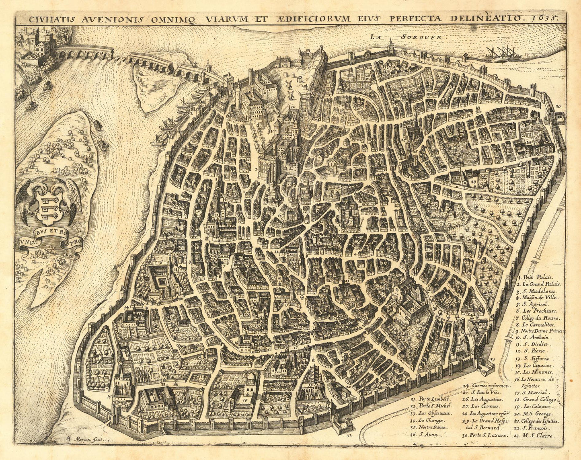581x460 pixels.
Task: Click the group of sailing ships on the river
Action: [x=503, y=51]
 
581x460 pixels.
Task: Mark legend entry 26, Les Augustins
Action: [x=482, y=399]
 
